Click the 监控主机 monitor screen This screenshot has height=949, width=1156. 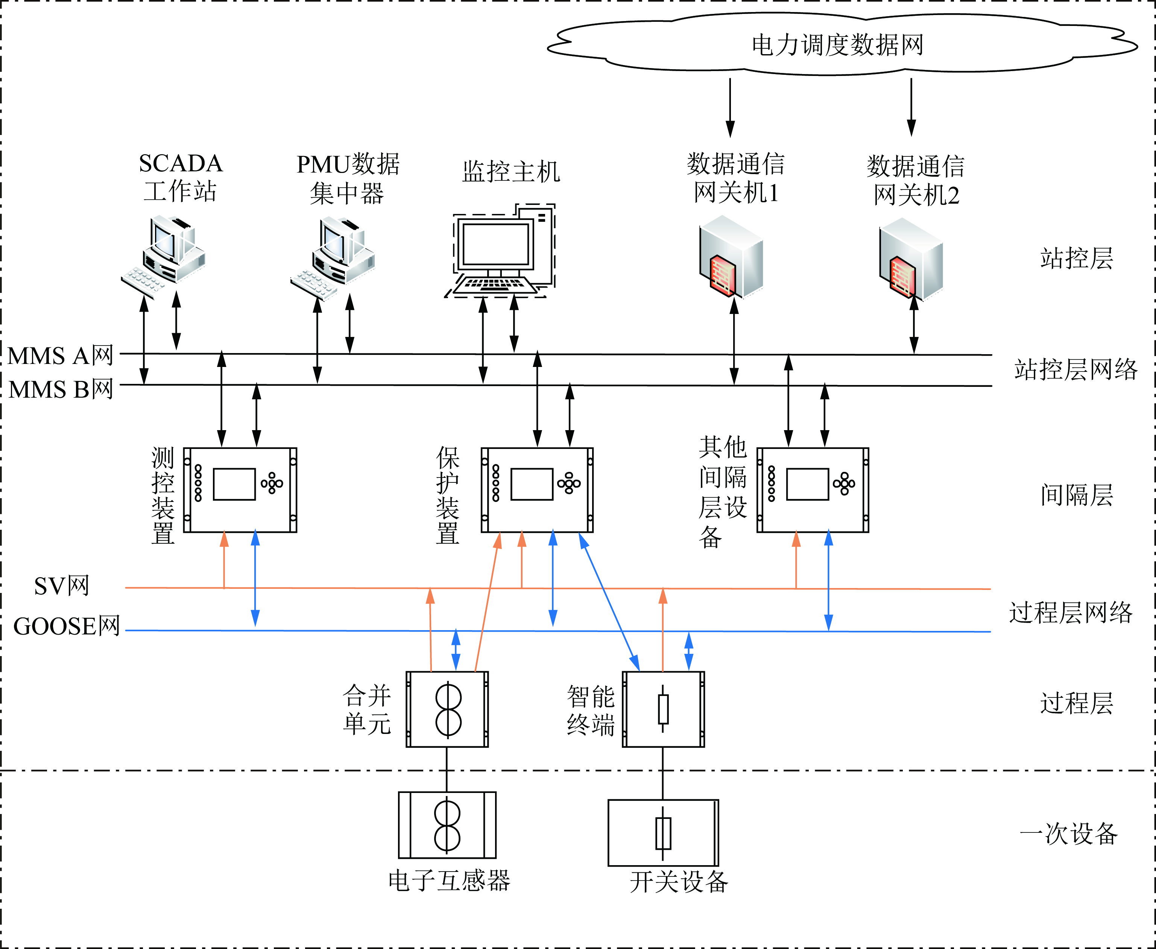pos(495,244)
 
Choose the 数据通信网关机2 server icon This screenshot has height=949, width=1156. pos(910,259)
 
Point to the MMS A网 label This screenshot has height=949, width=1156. pos(61,356)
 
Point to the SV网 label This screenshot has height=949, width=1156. pos(62,586)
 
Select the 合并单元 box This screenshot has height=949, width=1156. pos(447,709)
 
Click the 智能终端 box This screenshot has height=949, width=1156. pos(663,709)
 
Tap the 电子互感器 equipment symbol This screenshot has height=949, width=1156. pos(447,825)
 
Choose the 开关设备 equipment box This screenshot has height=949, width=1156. pos(663,832)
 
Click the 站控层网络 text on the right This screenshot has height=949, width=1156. pos(1075,370)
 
